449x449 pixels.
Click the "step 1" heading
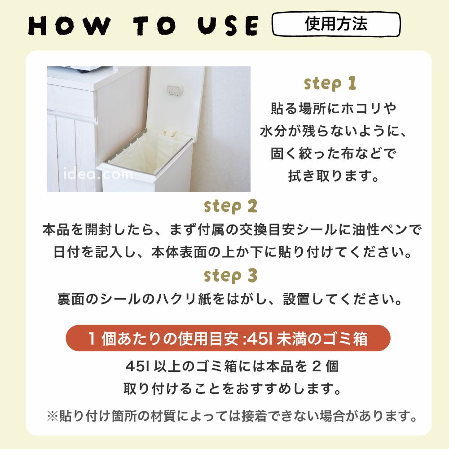330,84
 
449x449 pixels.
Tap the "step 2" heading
231,206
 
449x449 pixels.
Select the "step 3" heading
231,275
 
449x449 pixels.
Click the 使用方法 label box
336,24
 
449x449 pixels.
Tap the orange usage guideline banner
228,338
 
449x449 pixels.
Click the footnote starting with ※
232,416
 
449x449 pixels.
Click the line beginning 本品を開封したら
232,230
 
